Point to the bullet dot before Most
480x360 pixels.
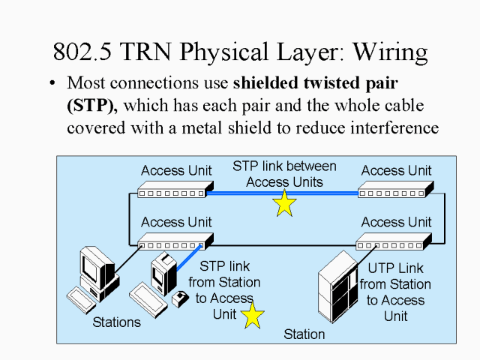(52, 83)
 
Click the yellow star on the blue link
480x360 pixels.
(284, 203)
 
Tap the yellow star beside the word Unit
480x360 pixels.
(252, 315)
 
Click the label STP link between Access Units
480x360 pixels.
(284, 174)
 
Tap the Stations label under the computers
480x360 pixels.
(116, 322)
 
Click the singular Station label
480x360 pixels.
(304, 334)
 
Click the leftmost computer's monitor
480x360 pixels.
(96, 266)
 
